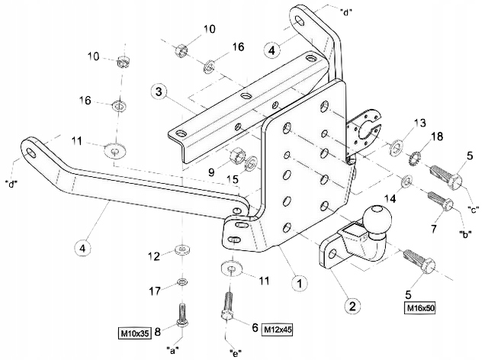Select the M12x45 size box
pyautogui.click(x=278, y=329)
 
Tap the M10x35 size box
pyautogui.click(x=133, y=333)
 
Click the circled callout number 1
pyautogui.click(x=300, y=282)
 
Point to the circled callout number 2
pyautogui.click(x=352, y=307)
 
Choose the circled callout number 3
pyautogui.click(x=158, y=92)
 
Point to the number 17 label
pyautogui.click(x=155, y=290)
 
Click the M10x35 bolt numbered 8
pyautogui.click(x=181, y=315)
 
